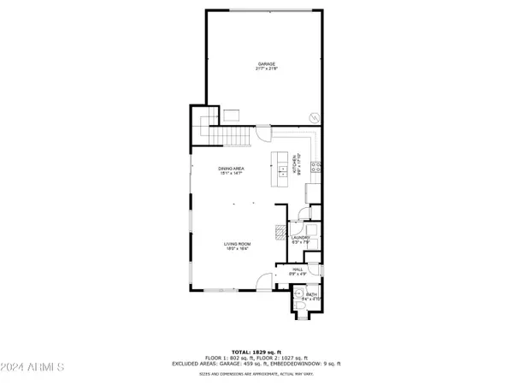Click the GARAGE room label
coord(268,64)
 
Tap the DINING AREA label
coord(231,169)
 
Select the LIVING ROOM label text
coord(237,244)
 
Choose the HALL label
coord(298,269)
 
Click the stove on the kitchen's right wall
coord(315,167)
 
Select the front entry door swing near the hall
coord(266,281)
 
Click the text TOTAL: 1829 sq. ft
coord(256,351)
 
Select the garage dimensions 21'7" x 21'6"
coord(268,69)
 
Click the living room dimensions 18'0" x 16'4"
coord(237,249)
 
